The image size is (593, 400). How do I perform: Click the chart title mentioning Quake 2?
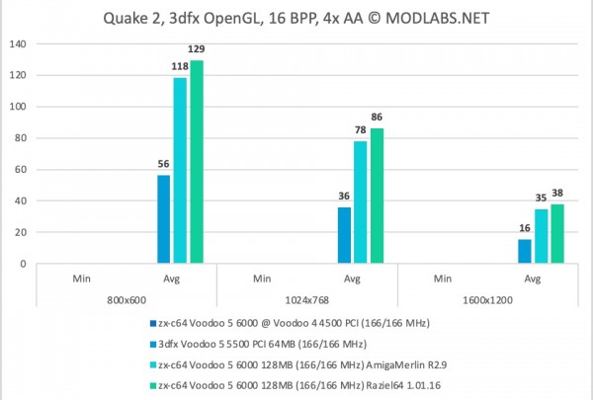pos(296,17)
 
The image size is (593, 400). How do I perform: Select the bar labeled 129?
pos(197,163)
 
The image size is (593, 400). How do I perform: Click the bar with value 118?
pos(180,171)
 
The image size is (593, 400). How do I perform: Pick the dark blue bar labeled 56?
pos(163,219)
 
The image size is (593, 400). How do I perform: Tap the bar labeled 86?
pos(377,197)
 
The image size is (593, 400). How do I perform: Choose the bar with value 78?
pos(360,202)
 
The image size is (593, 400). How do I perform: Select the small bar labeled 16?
pos(524,252)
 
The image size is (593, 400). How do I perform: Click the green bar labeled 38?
pos(556,234)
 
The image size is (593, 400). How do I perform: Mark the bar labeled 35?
pos(541,237)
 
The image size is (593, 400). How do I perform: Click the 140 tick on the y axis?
pos(19,43)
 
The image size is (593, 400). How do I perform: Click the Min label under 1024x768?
pos(262,279)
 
